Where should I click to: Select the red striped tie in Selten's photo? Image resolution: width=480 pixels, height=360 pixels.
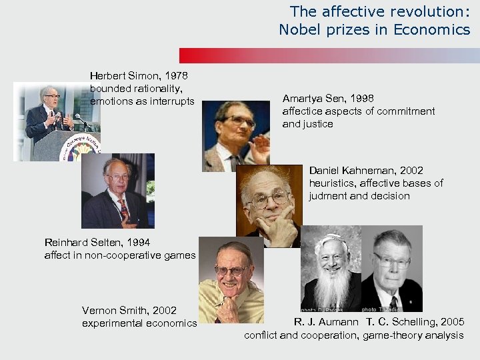click(124, 210)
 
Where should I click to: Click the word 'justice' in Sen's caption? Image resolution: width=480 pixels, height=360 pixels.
click(317, 124)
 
